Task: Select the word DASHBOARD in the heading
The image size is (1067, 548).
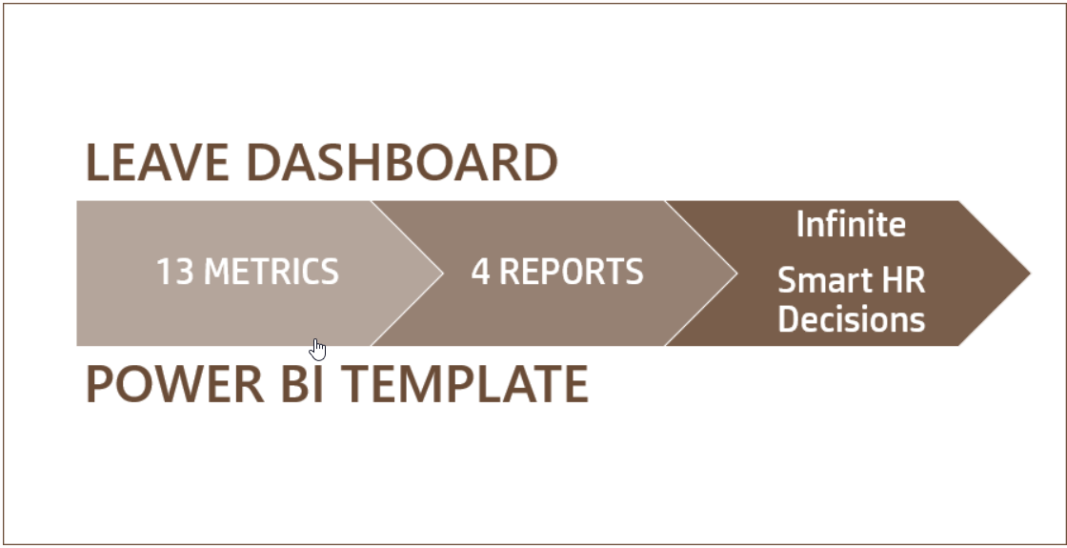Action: (402, 163)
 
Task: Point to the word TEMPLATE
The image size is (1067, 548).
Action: (465, 383)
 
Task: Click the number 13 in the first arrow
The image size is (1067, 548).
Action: (175, 273)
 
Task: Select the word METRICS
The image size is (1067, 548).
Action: (272, 273)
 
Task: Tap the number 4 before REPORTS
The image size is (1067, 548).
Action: (480, 273)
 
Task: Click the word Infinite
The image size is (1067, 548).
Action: (851, 225)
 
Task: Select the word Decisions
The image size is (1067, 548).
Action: (851, 319)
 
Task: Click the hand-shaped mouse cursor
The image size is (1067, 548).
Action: (318, 350)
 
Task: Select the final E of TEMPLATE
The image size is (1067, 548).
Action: (574, 383)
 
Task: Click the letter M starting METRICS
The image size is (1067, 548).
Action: (220, 273)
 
